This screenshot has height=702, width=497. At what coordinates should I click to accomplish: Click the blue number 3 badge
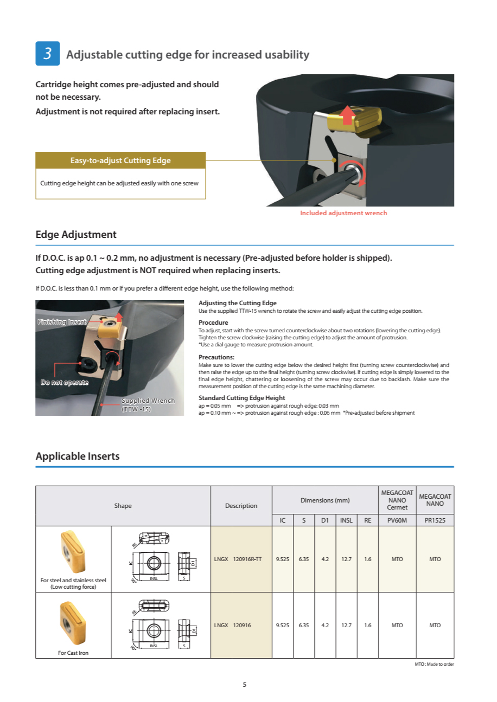click(47, 54)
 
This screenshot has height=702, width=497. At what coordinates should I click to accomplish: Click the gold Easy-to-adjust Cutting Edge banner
click(120, 160)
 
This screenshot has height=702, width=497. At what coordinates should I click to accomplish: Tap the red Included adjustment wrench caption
click(343, 213)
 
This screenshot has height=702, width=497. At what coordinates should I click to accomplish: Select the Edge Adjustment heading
click(76, 235)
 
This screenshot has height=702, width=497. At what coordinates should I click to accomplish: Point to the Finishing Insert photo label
click(62, 322)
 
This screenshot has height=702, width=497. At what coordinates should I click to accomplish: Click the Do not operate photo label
click(65, 382)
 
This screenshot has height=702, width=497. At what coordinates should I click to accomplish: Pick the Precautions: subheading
click(216, 357)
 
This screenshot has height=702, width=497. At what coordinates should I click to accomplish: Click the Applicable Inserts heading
click(78, 456)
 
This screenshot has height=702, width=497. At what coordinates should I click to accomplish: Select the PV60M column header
click(397, 520)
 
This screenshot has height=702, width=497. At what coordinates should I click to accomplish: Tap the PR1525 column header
click(435, 520)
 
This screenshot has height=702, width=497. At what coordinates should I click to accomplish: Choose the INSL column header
click(346, 520)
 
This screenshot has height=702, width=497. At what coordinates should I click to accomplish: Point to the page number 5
click(245, 684)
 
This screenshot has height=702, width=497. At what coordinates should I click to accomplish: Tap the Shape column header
click(123, 506)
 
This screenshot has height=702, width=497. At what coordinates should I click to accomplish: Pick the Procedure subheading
click(213, 323)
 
